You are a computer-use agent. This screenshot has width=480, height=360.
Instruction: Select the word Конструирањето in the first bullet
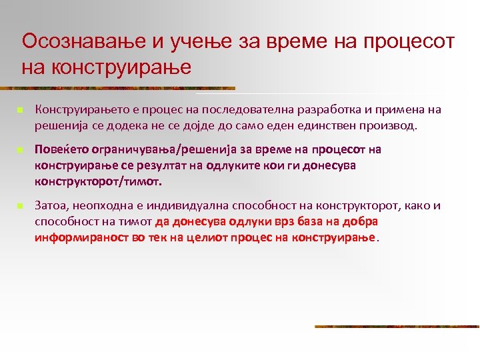(76, 109)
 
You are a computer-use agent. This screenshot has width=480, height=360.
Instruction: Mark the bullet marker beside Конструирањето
(21, 110)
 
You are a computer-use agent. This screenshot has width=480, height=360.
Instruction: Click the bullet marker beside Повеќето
(21, 149)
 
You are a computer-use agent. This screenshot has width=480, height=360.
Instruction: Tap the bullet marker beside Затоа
(21, 207)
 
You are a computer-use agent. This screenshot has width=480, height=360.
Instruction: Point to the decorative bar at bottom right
(397, 326)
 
